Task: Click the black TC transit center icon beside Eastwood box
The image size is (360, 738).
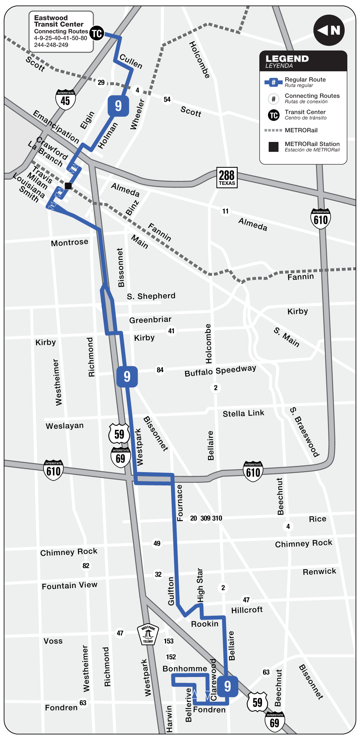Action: coord(97,33)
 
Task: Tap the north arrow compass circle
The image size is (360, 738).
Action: coord(329,30)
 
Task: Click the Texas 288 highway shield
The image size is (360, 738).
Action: coord(227,178)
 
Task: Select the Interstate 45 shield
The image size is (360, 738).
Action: coord(65,99)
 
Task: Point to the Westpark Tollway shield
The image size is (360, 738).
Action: coord(148,634)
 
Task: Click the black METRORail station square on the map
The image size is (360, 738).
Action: coord(68,186)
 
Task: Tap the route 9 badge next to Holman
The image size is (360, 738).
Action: coord(118,106)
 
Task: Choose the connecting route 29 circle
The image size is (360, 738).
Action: coord(101,82)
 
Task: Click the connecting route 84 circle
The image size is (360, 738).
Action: coord(160,370)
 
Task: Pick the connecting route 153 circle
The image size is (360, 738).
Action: coord(169,641)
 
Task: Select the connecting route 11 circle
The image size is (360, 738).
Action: coord(226,211)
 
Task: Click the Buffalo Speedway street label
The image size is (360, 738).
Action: coord(220,370)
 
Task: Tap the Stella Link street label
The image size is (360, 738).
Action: coord(243,413)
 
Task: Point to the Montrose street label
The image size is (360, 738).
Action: coord(70,243)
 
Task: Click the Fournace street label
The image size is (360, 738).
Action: coord(180,503)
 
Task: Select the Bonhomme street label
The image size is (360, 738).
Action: coord(185,669)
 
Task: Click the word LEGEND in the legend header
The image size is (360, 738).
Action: coord(287,59)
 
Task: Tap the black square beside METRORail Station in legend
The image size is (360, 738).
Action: coord(274,147)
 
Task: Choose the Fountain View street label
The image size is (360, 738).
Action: coord(70,585)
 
